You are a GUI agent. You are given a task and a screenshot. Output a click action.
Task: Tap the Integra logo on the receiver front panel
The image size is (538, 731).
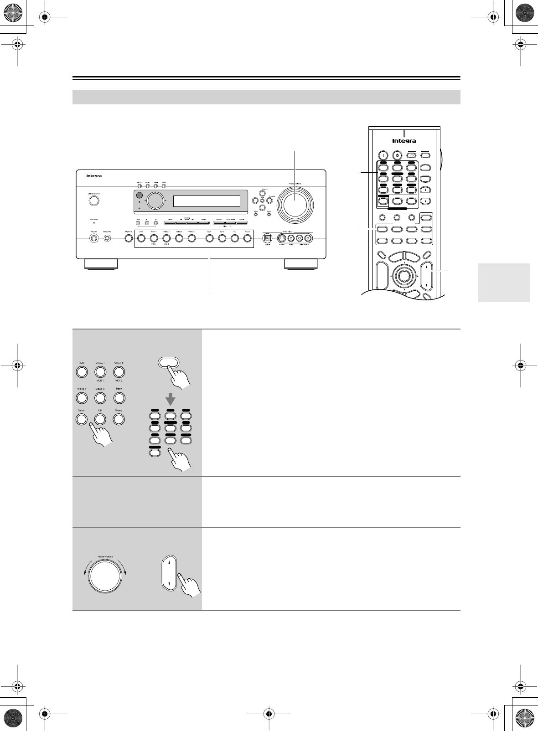[95, 175]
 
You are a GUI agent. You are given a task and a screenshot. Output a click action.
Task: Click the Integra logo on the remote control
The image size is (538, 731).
[404, 141]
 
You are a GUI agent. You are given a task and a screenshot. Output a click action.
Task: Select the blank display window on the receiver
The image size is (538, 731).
[207, 201]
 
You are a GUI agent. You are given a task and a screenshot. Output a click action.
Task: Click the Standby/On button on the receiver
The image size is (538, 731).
[94, 200]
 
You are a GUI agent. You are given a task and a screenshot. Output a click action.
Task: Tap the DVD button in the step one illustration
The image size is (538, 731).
[82, 372]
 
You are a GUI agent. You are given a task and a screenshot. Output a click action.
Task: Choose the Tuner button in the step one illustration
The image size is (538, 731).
[82, 419]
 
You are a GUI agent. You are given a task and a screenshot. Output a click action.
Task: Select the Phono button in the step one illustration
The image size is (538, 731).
[119, 419]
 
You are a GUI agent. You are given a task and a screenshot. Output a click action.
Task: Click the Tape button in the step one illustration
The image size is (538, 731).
[119, 397]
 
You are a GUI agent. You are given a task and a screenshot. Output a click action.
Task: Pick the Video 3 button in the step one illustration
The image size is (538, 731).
[82, 397]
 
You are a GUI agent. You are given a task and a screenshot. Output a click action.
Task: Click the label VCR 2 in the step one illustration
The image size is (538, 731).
[119, 380]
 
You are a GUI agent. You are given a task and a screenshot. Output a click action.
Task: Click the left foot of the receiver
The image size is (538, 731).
[101, 263]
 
